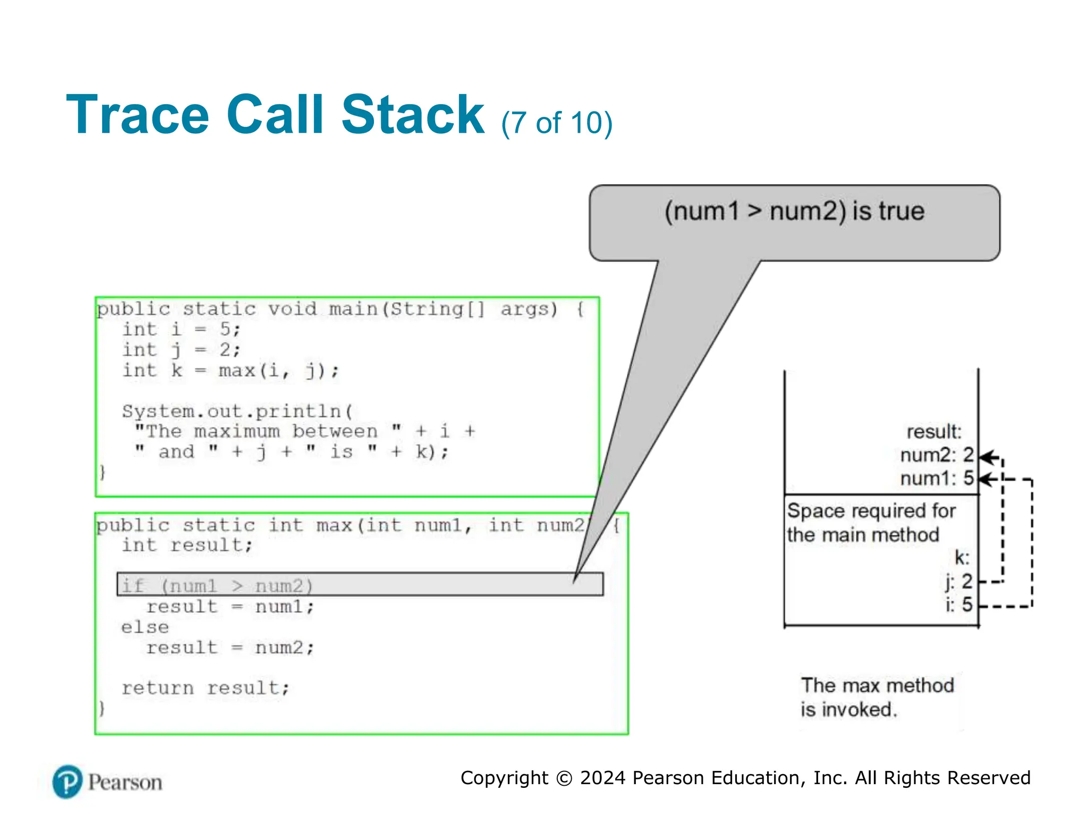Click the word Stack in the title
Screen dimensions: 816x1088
(x=412, y=115)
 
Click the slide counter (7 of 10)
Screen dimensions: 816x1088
(x=556, y=123)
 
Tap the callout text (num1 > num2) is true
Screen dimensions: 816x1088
(x=794, y=211)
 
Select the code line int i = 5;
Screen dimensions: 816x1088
(x=182, y=329)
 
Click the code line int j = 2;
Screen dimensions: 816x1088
(x=182, y=350)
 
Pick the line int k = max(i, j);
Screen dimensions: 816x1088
(x=231, y=370)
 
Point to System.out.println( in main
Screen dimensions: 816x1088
(x=237, y=411)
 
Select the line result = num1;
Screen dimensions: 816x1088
(x=231, y=607)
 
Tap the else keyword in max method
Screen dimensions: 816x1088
(x=145, y=627)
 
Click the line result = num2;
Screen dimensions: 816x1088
(x=231, y=648)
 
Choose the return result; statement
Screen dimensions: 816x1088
(x=206, y=688)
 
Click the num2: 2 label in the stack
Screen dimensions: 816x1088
(x=937, y=455)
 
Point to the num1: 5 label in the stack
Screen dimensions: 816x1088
(x=937, y=479)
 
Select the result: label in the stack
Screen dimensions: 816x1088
(x=933, y=432)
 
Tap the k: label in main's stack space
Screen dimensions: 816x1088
(x=962, y=558)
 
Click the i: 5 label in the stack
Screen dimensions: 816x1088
(x=958, y=605)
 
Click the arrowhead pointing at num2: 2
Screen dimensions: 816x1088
(x=985, y=457)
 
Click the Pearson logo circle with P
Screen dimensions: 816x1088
(x=67, y=782)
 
